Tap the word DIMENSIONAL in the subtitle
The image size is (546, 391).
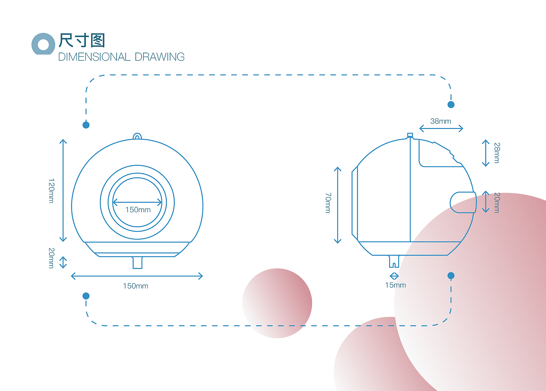94,57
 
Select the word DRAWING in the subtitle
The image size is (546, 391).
160,57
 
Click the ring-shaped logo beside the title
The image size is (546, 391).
43,44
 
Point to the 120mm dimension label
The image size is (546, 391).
51,191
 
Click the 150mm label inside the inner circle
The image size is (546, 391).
138,210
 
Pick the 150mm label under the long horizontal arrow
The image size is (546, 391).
135,286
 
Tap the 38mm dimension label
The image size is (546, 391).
440,121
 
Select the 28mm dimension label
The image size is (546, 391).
497,153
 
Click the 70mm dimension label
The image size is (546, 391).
328,203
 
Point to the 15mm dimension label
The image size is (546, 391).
395,285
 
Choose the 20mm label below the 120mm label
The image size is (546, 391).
51,258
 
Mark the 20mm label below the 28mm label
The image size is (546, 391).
497,203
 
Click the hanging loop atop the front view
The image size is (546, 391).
137,136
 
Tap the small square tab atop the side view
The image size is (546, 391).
410,135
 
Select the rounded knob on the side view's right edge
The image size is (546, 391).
463,203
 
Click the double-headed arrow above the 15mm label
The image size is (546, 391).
394,276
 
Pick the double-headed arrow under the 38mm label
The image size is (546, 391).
441,129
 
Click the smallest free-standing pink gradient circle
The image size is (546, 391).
277,303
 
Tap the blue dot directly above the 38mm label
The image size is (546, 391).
451,104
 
